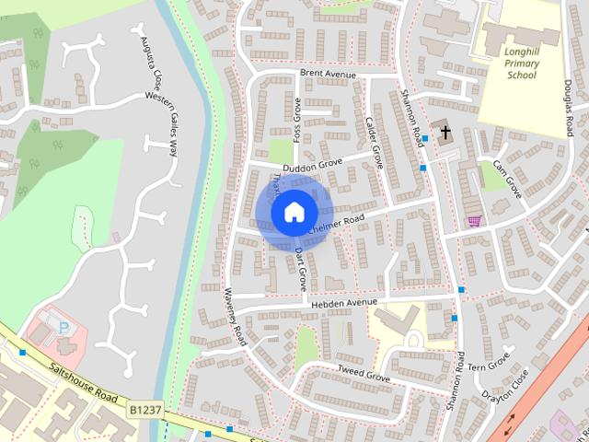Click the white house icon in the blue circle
click(x=293, y=212)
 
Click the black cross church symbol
click(x=445, y=133)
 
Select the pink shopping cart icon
click(x=475, y=220)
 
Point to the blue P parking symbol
click(x=64, y=328)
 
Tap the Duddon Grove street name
click(x=312, y=163)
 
